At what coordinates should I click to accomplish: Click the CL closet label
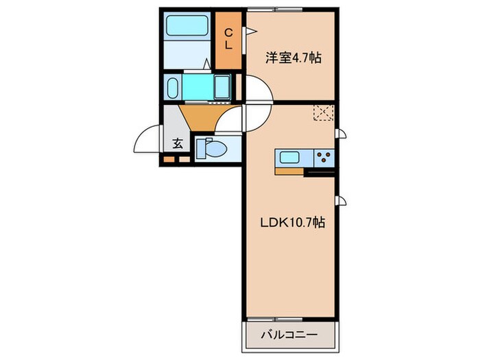point(229,38)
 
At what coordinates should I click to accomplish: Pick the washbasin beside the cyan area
point(173,88)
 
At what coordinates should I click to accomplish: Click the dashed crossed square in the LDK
point(323,112)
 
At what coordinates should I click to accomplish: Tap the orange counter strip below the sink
point(291,169)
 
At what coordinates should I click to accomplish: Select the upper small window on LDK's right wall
point(339,134)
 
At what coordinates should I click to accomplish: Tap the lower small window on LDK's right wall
point(339,201)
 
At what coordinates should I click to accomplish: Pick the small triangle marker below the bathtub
point(206,64)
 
